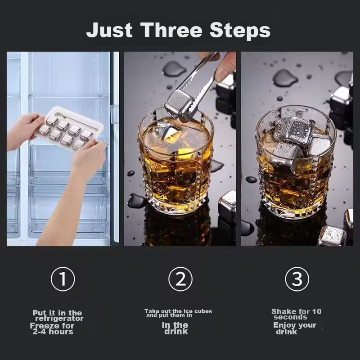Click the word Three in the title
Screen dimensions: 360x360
pos(171,30)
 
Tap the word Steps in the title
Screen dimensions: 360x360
pos(240,31)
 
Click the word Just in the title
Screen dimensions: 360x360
pos(109,30)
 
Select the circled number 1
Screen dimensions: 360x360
pos(63,279)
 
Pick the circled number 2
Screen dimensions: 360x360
pos(180,279)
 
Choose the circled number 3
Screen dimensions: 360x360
pos(297,279)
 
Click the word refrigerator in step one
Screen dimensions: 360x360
pos(59,319)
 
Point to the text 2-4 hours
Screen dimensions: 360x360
pos(53,332)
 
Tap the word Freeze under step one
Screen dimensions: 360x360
pos(43,325)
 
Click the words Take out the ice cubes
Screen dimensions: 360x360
pos(178,311)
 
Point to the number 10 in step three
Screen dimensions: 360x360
pos(317,311)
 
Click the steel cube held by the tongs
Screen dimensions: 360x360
pos(179,103)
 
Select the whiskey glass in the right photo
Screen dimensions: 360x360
pos(296,162)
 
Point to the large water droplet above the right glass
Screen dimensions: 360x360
pos(285,78)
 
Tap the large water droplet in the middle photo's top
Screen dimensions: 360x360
pos(174,68)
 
